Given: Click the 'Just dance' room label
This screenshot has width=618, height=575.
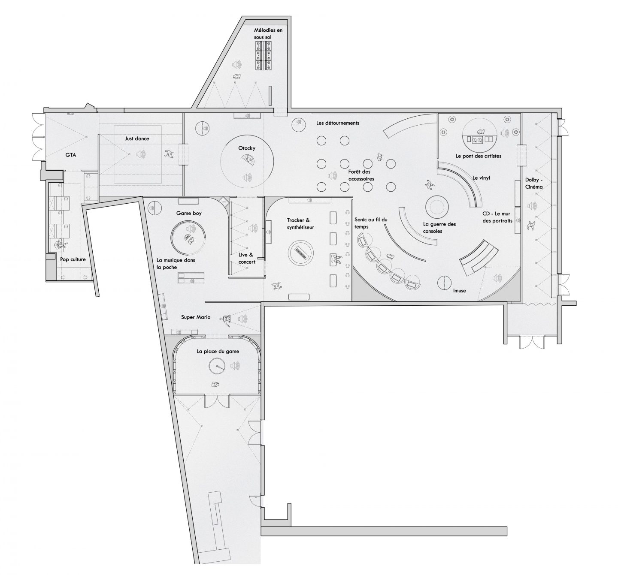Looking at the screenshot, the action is coord(137,138).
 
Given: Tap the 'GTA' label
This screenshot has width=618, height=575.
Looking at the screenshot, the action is coord(71,155).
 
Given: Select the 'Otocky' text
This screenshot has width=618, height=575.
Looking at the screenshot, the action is coord(247,148).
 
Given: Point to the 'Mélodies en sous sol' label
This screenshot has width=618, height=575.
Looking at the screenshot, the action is coord(268,33).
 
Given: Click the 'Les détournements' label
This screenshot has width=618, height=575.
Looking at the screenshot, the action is coord(338,123).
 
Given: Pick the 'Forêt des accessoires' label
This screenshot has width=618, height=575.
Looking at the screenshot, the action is coord(361,175).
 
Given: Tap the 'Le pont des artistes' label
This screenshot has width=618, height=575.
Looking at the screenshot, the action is coord(478,156).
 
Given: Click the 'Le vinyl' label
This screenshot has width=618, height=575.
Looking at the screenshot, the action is coord(481,178).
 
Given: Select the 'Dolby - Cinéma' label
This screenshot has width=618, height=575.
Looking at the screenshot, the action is coord(534,184).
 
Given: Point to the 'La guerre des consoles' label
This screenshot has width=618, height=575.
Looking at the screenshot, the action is coord(439,228).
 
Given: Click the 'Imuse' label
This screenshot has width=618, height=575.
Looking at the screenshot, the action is coord(459,291).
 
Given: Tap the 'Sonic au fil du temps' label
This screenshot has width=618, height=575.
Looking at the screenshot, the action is coord(371,223).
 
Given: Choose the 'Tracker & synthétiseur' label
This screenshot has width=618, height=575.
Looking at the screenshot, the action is coord(300,224).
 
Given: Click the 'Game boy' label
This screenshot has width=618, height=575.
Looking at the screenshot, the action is coord(189,214).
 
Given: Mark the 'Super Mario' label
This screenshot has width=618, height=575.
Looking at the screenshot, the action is coord(196,317).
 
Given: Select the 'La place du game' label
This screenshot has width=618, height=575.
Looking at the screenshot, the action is coord(218,352).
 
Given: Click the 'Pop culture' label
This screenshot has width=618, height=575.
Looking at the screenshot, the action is coord(73,259).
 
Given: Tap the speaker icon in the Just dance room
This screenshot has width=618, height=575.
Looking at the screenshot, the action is coord(141,154).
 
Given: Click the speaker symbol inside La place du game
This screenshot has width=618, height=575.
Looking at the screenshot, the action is coord(235,366).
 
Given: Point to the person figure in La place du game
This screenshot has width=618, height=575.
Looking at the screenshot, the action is coord(215,385).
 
